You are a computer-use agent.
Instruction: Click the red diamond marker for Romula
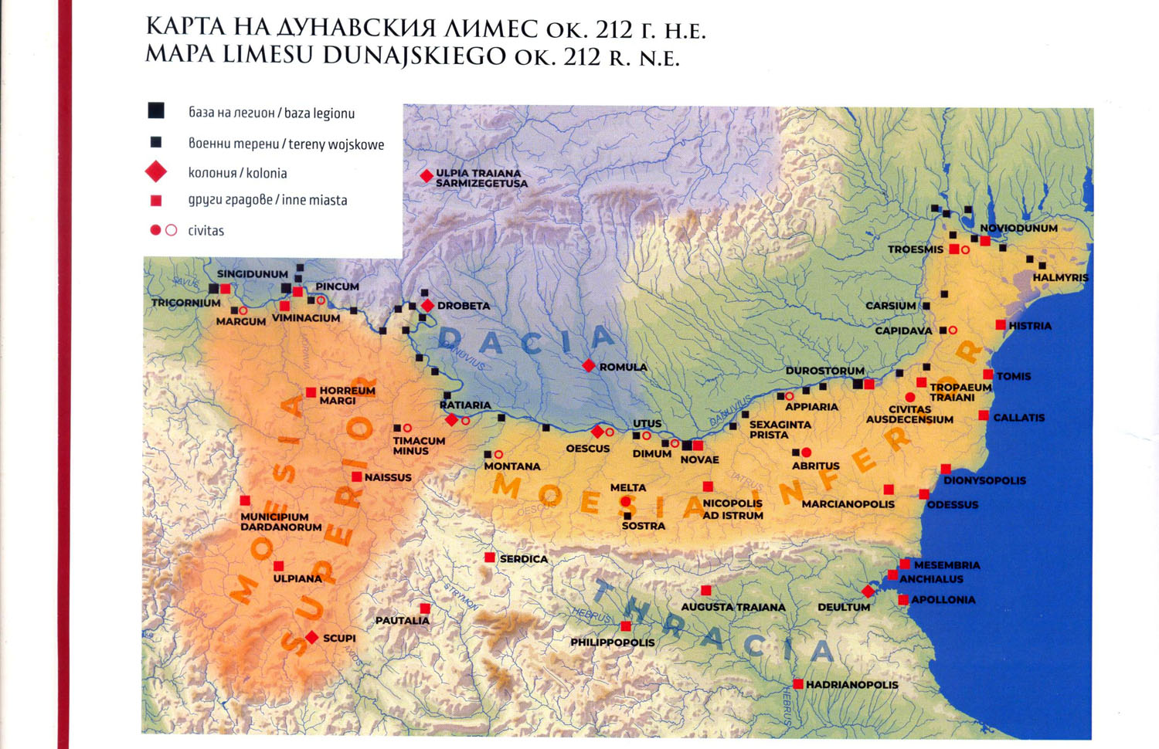click(589, 365)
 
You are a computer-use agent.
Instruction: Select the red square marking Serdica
click(490, 558)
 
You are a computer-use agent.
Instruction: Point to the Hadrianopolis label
click(851, 685)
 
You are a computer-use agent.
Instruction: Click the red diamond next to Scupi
click(311, 637)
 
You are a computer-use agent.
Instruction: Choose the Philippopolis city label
click(612, 642)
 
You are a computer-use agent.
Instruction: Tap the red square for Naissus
click(356, 476)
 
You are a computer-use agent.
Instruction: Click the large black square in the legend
click(156, 110)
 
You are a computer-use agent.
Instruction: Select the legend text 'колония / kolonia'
click(237, 173)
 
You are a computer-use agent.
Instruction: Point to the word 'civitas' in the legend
click(206, 231)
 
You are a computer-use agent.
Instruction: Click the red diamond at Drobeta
click(427, 306)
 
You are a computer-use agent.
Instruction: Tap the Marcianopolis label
click(848, 504)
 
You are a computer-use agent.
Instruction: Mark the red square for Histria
click(1001, 325)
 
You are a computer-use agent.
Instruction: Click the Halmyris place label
click(1060, 277)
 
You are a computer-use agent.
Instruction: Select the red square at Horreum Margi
click(311, 392)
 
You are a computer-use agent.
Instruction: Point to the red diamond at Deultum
click(868, 591)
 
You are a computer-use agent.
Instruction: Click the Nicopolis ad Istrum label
click(732, 510)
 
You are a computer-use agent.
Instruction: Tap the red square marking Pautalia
click(425, 608)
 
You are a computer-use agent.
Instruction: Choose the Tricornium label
click(186, 303)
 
